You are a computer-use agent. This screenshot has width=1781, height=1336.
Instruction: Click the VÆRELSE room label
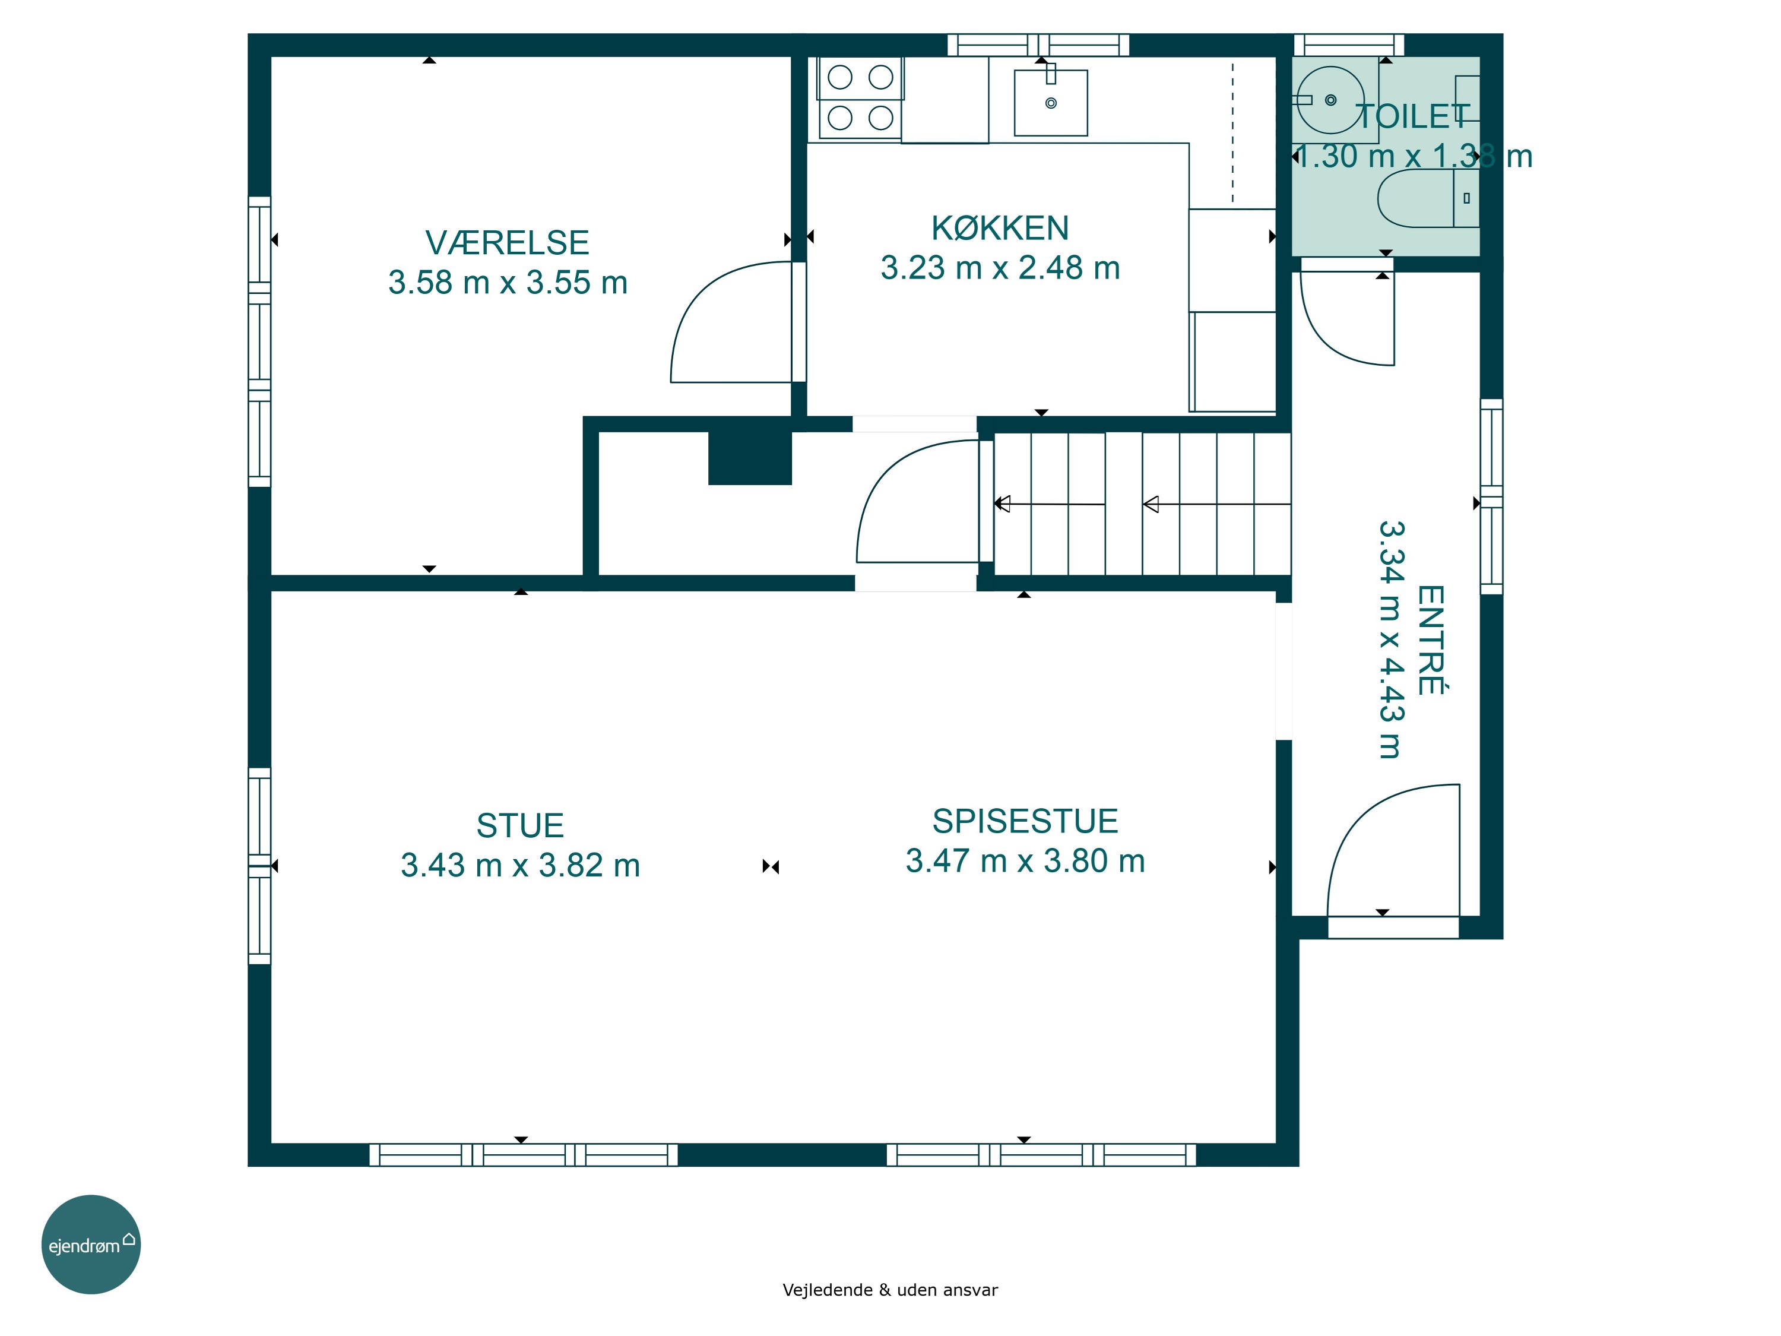pos(507,242)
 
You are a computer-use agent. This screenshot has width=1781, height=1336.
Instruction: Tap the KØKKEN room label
pos(1000,228)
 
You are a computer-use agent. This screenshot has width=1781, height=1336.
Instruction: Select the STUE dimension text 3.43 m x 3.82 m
pos(520,866)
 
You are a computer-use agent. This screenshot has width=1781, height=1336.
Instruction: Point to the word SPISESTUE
pos(1025,821)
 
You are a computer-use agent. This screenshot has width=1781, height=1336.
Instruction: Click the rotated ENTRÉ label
pos(1431,639)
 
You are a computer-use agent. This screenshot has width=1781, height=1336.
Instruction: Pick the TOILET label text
pos(1413,117)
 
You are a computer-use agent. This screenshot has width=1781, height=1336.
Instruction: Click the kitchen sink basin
pos(1051,102)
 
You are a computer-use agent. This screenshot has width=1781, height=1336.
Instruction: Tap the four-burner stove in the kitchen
pos(860,97)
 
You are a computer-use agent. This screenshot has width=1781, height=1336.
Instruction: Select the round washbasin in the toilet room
pos(1330,100)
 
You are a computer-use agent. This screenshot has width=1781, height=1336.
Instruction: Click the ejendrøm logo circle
pos(91,1244)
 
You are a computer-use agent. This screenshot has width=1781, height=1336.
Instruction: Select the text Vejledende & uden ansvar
pos(890,1289)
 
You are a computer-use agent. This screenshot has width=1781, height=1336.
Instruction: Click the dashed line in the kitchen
pos(1232,133)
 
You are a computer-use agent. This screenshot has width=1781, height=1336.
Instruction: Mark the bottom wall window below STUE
pos(524,1155)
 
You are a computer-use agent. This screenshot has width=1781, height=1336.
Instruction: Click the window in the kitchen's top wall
pos(1038,45)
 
